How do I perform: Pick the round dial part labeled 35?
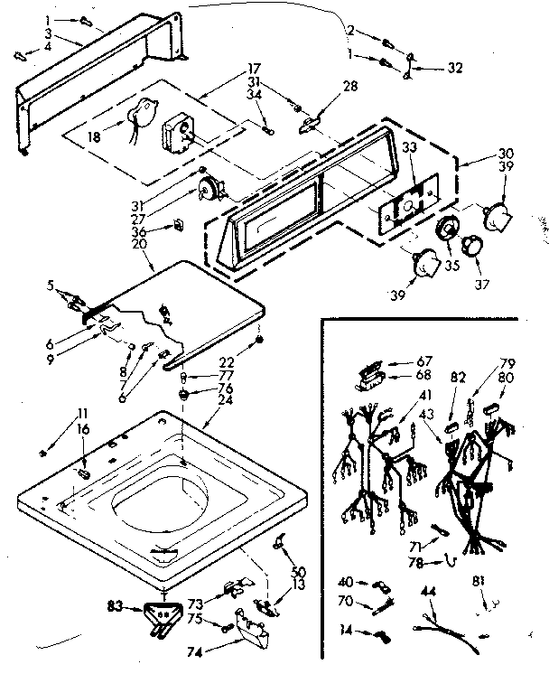(445, 231)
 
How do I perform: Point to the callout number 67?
(399, 359)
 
